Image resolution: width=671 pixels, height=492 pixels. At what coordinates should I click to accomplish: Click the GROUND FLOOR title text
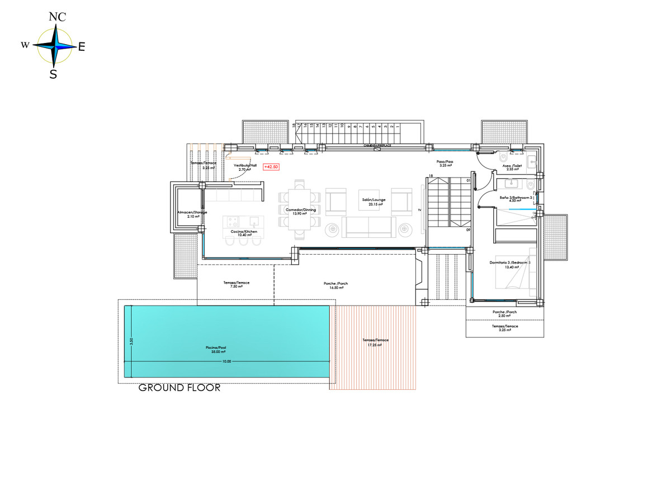point(179,388)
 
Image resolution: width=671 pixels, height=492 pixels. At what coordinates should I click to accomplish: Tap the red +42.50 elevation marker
point(271,166)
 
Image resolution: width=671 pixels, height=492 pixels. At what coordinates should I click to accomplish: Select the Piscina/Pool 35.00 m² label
point(215,350)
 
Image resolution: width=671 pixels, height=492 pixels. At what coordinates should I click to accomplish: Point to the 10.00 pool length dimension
point(226,362)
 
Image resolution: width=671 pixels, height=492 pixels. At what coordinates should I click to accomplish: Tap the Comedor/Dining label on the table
point(301,211)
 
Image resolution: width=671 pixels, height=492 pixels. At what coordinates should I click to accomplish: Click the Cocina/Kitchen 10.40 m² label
point(244,233)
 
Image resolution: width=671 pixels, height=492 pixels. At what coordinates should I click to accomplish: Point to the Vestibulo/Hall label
point(245,167)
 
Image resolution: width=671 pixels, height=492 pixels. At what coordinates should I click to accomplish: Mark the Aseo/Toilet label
point(511,167)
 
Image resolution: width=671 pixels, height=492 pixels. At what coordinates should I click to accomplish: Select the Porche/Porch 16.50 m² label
point(335,285)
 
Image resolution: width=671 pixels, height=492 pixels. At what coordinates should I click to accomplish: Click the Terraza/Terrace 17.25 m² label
point(375,342)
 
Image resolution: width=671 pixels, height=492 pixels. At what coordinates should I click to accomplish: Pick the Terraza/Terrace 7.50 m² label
point(236,284)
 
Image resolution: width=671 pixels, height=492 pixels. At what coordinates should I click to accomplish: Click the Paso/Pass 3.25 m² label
point(445,164)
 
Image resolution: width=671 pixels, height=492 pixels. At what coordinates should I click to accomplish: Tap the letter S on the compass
point(53,74)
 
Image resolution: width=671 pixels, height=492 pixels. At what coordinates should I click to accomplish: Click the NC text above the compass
point(57,17)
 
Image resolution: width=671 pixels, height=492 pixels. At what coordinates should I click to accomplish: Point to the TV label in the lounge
point(418,209)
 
